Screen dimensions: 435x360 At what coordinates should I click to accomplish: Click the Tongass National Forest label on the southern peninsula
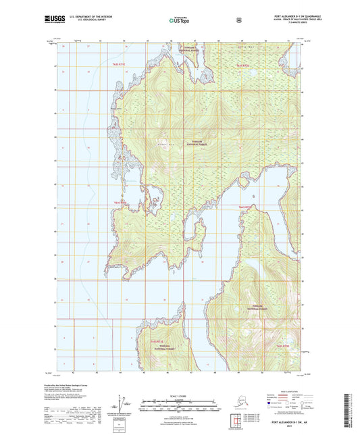point(160,347)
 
